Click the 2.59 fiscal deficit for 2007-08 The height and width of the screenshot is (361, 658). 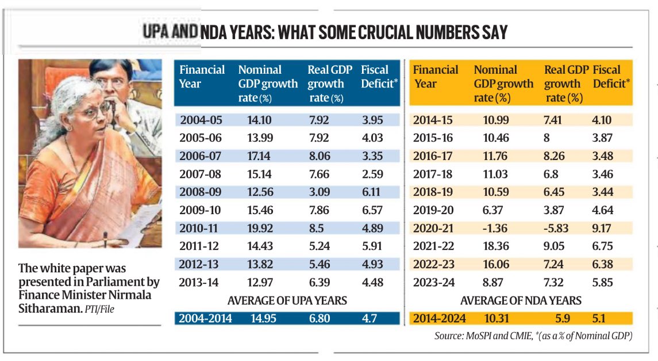coord(372,174)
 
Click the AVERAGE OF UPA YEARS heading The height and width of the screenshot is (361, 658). coord(287,301)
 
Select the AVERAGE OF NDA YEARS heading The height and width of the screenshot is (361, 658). coord(521,301)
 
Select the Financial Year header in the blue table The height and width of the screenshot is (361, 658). coord(202,77)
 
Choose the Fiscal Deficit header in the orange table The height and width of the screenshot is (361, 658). coord(611,77)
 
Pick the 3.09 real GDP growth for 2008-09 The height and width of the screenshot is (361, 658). coord(320,192)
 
